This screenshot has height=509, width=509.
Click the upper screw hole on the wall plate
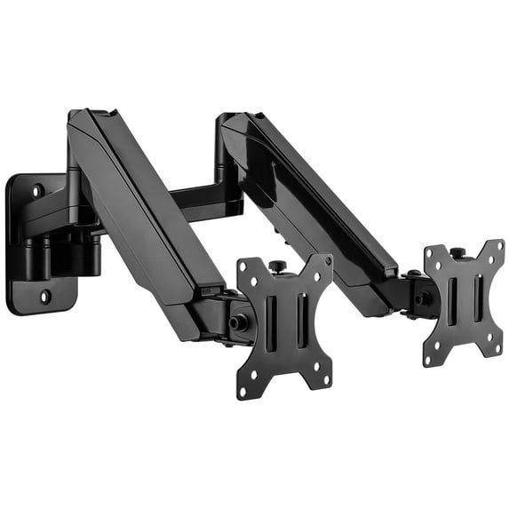pos(38,189)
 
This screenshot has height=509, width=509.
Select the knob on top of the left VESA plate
pos(276,264)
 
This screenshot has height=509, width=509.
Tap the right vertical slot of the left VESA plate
pos(298,317)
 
